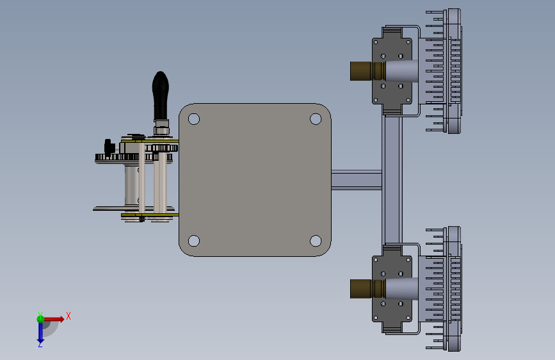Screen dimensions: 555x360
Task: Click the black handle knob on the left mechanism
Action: pos(160,95)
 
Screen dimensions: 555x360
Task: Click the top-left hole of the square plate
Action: pos(194,119)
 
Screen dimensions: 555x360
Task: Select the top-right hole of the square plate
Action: pos(316,119)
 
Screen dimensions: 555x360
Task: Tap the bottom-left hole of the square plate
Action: pos(194,241)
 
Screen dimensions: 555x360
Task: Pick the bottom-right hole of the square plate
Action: pos(316,241)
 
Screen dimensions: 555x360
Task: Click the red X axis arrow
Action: pos(54,319)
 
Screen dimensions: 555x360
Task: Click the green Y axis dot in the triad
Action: pos(40,318)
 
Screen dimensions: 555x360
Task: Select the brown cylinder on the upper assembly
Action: pos(367,71)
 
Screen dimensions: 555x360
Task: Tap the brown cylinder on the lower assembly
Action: pos(367,289)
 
